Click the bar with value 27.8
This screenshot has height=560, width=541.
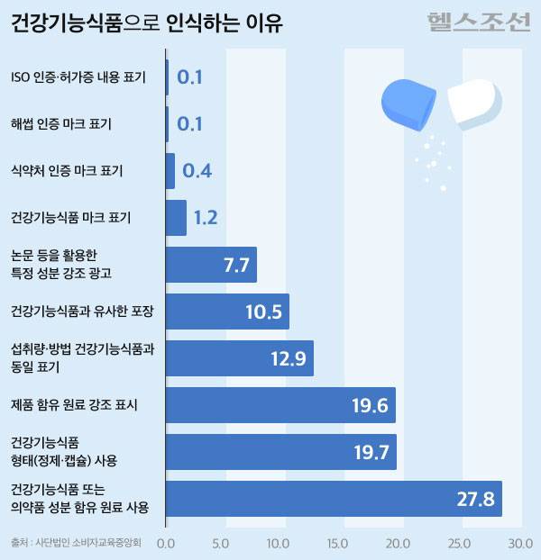[334, 499]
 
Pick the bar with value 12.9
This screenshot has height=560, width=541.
[240, 358]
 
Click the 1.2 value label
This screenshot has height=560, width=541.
[206, 218]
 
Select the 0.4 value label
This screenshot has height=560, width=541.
[197, 171]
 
